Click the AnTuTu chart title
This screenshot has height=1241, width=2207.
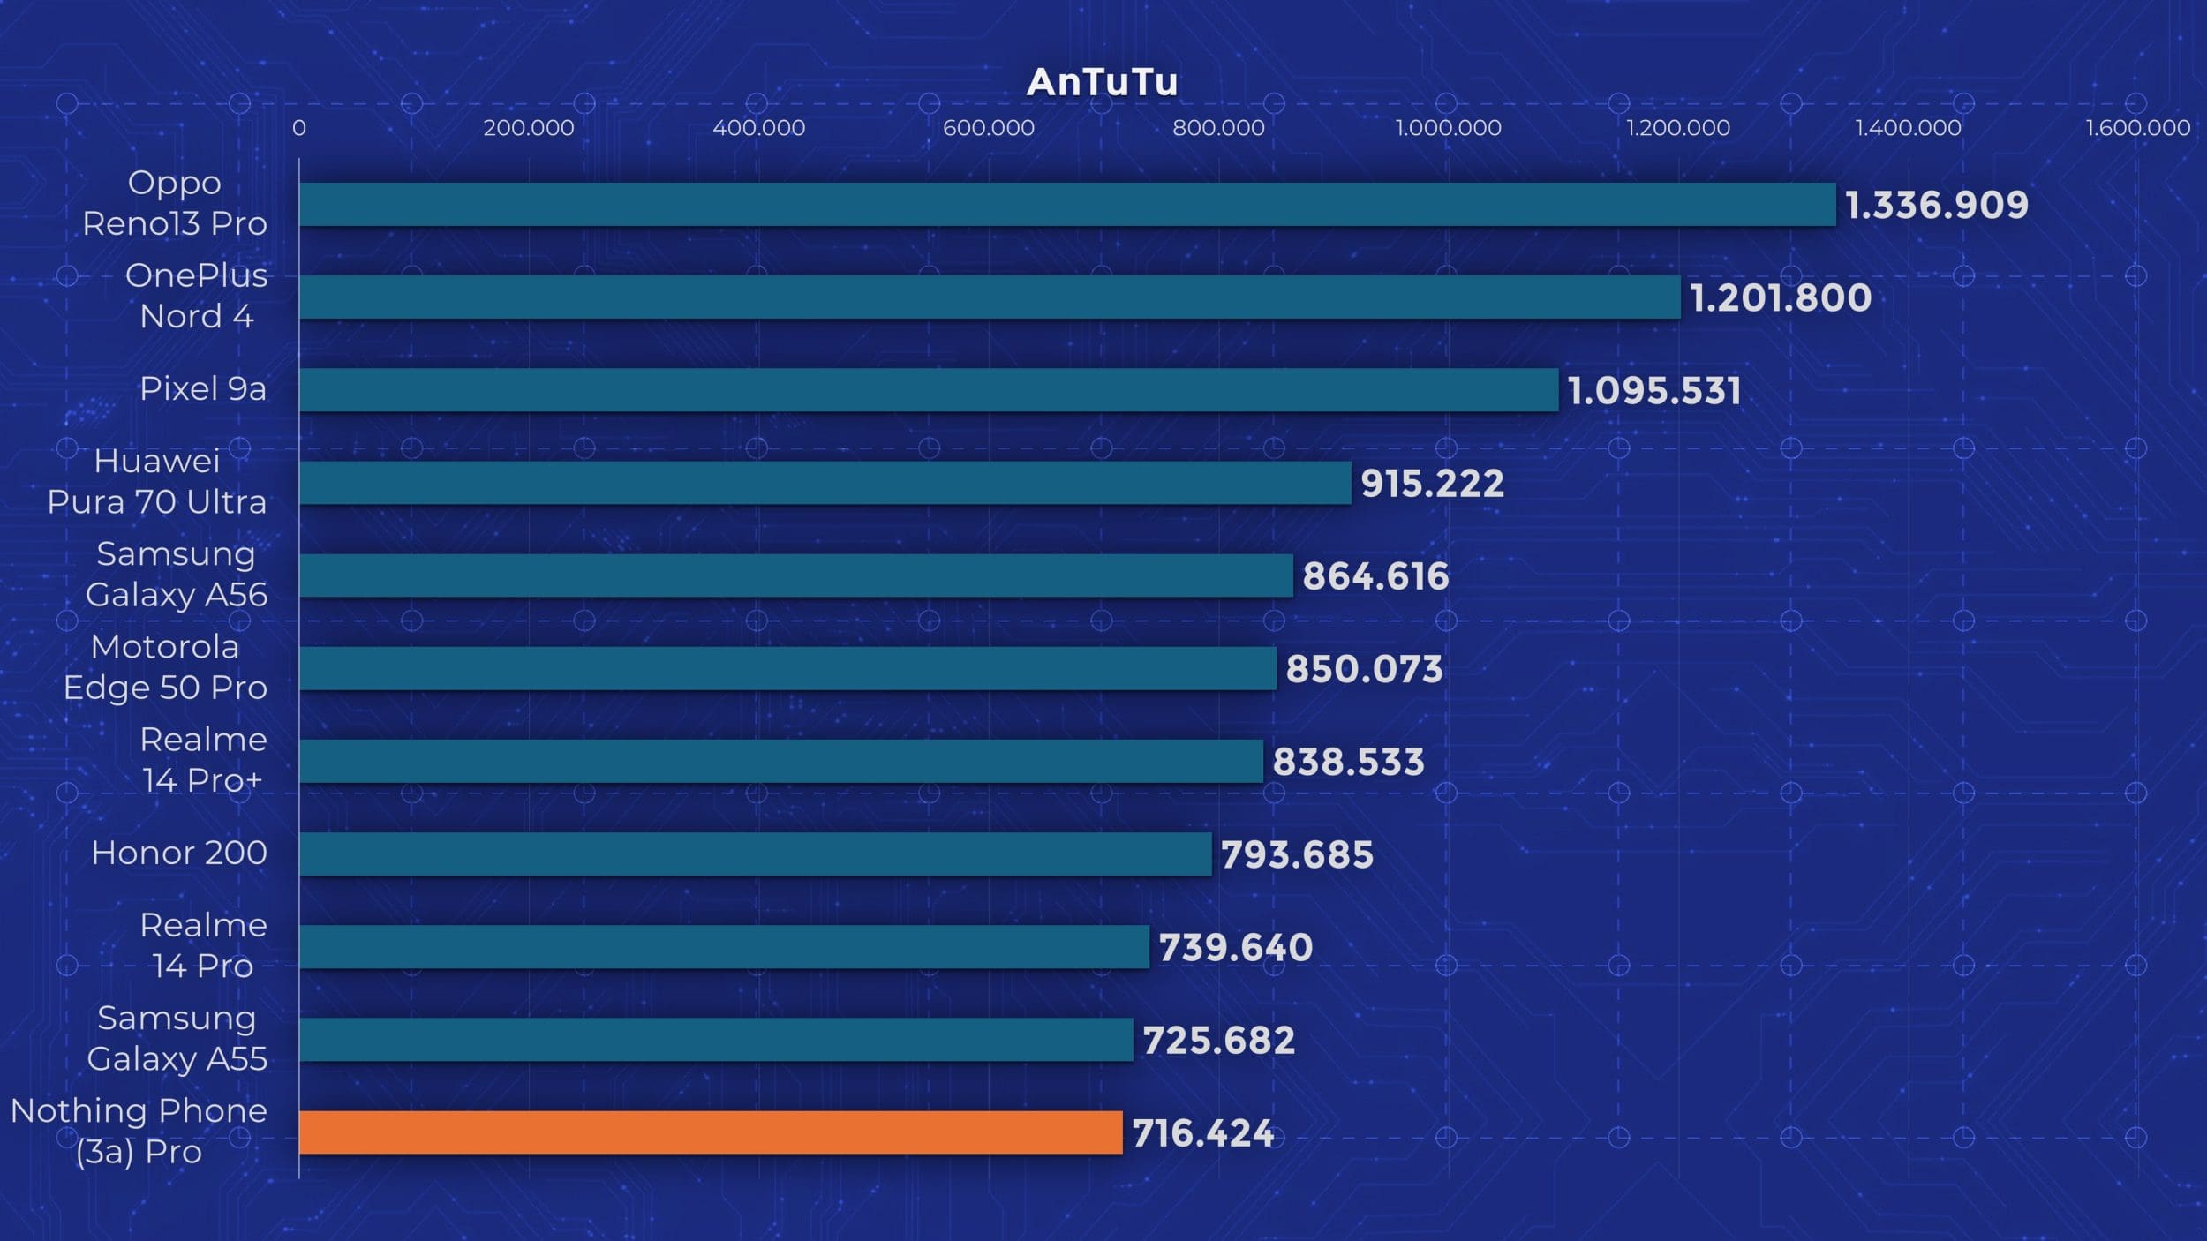tap(1102, 82)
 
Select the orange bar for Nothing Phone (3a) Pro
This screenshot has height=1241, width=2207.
tap(711, 1132)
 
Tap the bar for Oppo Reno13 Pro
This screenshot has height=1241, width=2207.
tap(1067, 205)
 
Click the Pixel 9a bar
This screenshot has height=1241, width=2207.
tap(929, 390)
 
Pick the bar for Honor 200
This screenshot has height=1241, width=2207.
tap(755, 854)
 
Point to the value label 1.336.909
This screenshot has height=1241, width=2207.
tap(1937, 206)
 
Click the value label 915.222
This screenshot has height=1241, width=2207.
tap(1432, 484)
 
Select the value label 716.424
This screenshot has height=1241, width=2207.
tap(1203, 1133)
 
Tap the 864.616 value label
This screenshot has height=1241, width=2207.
tap(1375, 576)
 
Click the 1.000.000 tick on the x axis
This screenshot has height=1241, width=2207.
tap(1448, 128)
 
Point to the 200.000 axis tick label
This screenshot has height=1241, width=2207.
tap(529, 128)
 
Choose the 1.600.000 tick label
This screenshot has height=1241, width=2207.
tap(2137, 128)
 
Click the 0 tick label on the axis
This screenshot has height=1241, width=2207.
tap(299, 128)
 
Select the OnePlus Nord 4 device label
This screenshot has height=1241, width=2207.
tap(196, 296)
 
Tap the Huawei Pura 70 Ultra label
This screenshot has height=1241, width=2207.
tap(157, 481)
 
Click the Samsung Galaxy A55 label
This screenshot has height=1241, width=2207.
tap(177, 1038)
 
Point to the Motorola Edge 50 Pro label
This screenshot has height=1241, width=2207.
tap(165, 667)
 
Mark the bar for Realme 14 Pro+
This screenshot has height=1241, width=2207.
tap(781, 761)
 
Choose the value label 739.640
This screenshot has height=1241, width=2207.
tap(1235, 948)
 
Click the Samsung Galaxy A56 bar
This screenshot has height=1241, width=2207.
tap(796, 575)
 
